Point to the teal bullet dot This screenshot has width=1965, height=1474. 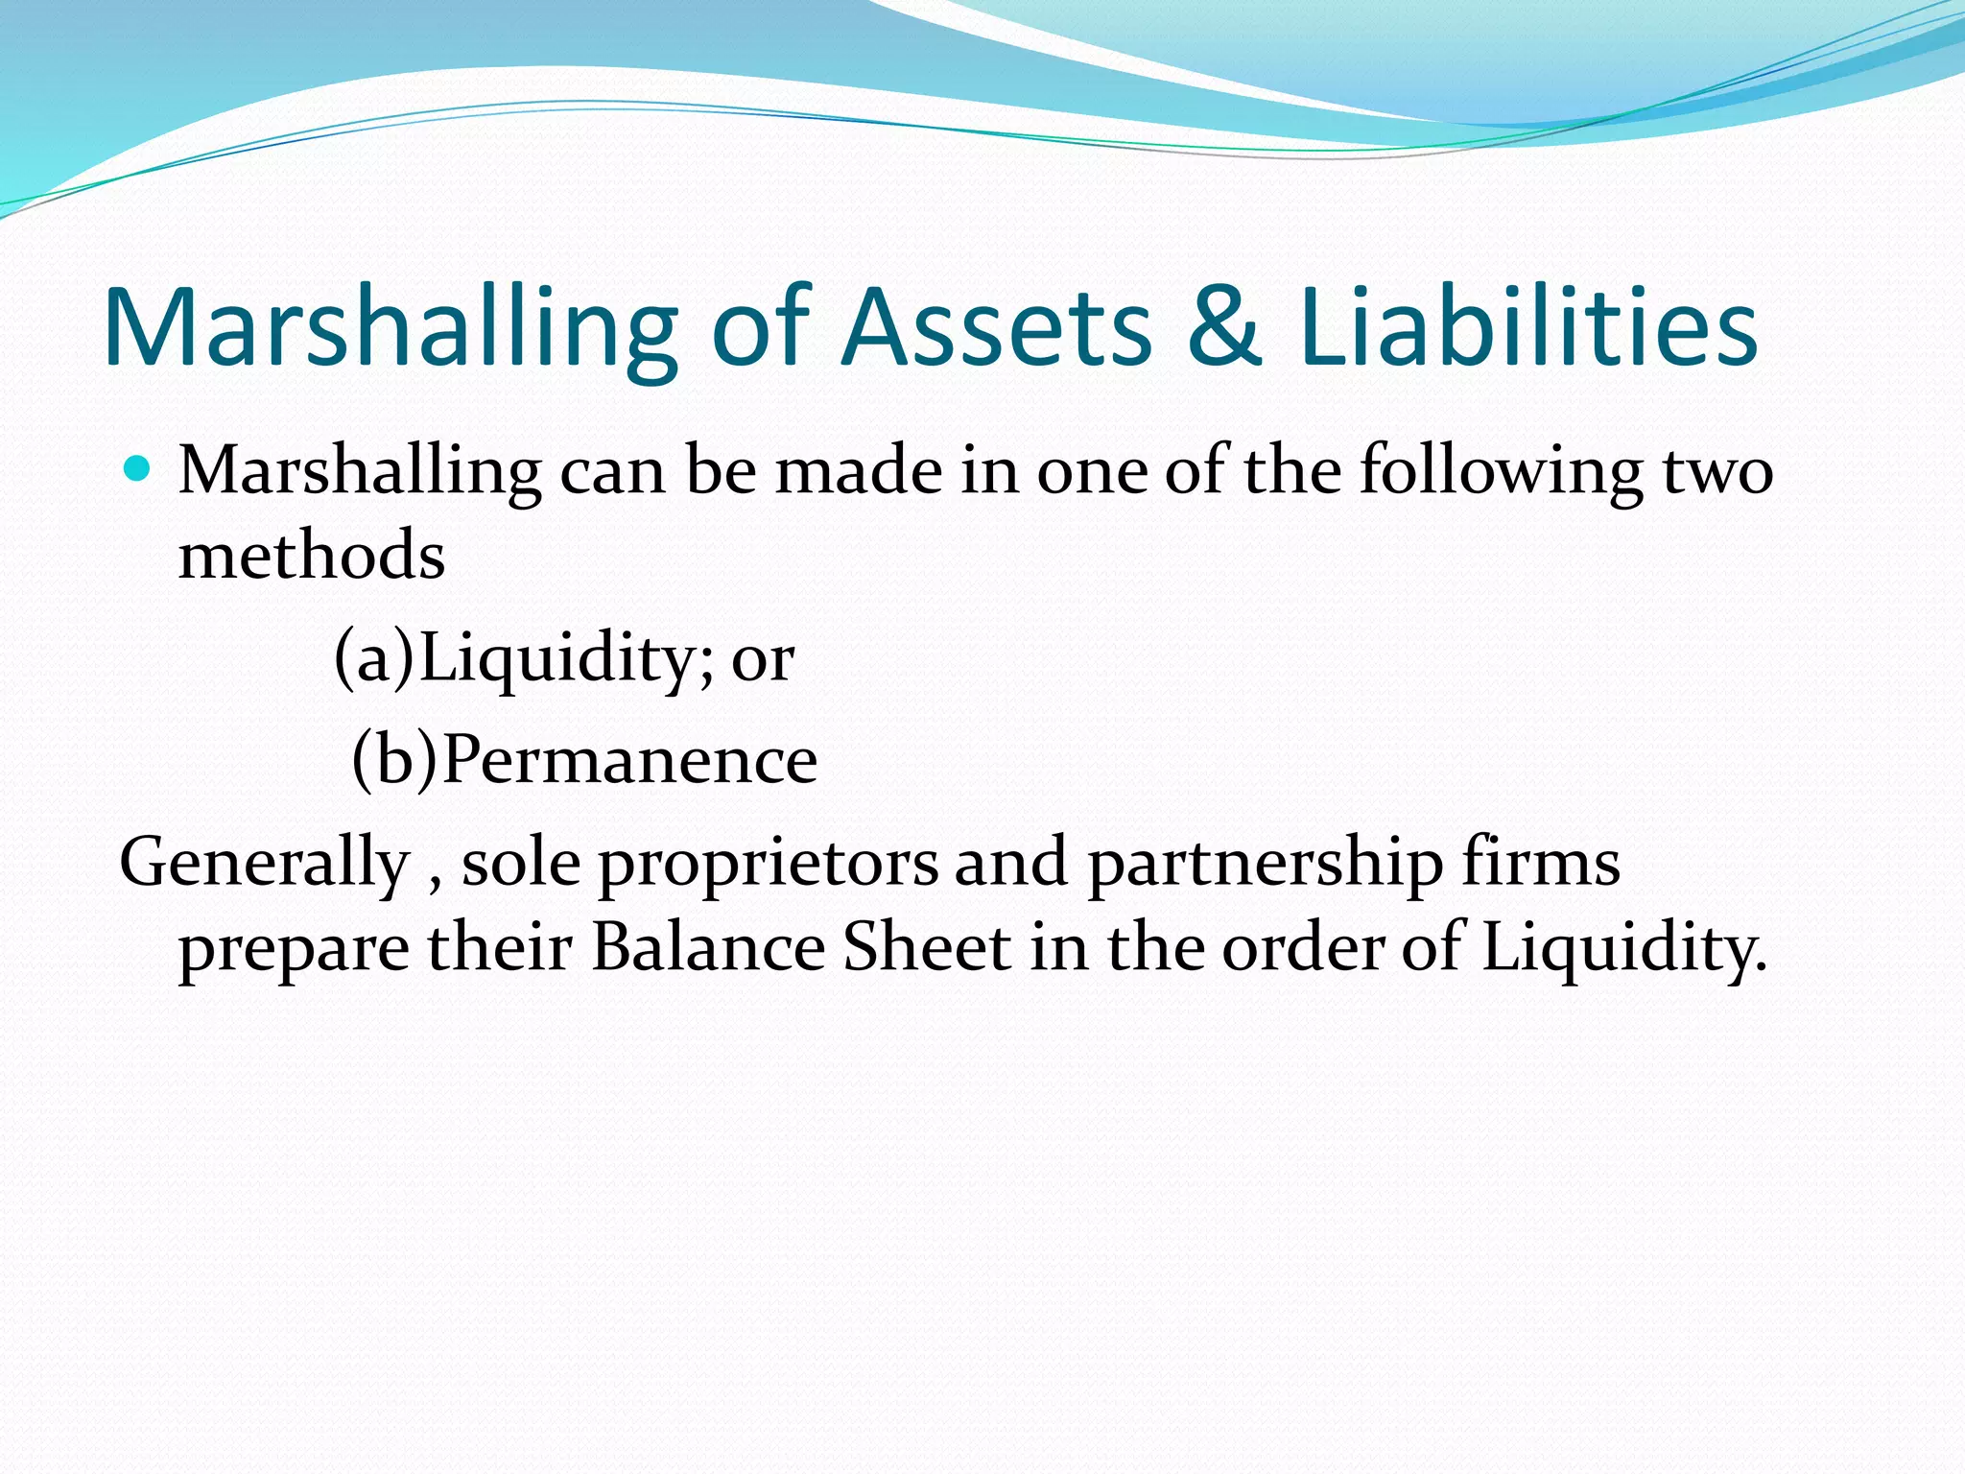[x=138, y=469]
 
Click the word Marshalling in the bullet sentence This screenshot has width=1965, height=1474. [x=360, y=472]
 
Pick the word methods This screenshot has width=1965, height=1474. [x=312, y=556]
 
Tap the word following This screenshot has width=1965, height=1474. [x=1501, y=472]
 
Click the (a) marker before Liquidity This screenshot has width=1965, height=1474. [x=374, y=659]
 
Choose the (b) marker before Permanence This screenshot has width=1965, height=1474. [x=394, y=760]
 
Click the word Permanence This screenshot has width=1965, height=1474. [x=630, y=760]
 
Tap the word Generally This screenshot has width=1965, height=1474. [x=265, y=863]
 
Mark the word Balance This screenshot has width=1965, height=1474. [x=708, y=947]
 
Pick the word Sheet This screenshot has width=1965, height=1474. [x=926, y=947]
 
